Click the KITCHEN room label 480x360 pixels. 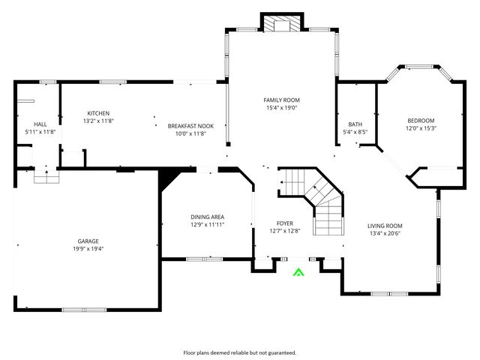[x=98, y=113]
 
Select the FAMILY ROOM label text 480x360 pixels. [x=281, y=100]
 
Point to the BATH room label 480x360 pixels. [x=355, y=124]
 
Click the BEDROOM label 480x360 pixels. [x=421, y=120]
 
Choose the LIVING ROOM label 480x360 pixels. [x=385, y=226]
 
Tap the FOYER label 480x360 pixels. [x=285, y=223]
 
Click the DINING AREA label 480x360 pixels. [x=207, y=217]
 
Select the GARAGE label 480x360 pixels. [x=88, y=241]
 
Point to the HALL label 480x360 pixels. [x=40, y=124]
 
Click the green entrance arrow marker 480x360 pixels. [x=298, y=273]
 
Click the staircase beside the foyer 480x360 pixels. [x=315, y=196]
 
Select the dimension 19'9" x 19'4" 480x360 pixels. [x=88, y=249]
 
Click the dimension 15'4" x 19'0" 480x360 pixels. [x=281, y=107]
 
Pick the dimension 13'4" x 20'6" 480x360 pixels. [x=385, y=233]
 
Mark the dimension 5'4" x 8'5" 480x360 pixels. [x=355, y=132]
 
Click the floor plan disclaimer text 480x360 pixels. [x=240, y=352]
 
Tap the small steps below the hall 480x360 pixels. [x=46, y=176]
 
